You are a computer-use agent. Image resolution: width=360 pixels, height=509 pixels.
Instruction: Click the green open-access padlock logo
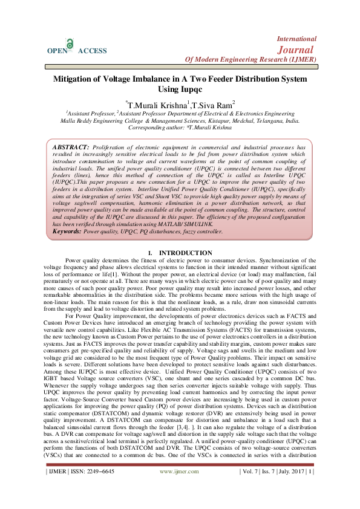(71, 44)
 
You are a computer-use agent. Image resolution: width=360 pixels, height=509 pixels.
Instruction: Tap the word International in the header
(296, 39)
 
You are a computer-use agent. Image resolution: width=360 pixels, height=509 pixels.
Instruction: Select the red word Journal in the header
(296, 49)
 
